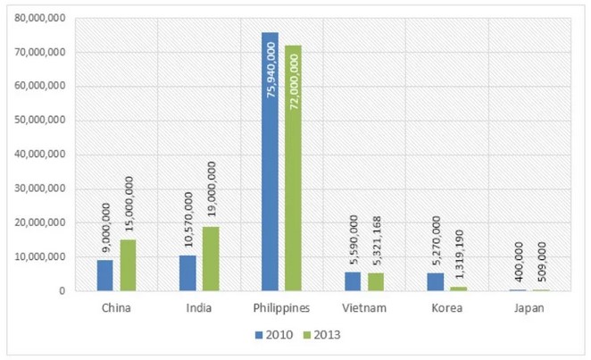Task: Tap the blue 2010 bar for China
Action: (x=105, y=275)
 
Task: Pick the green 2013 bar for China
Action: (x=128, y=265)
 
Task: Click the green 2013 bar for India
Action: (x=210, y=258)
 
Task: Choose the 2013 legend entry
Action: (x=321, y=335)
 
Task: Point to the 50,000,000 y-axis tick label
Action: (x=37, y=121)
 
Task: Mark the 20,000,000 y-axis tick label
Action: (x=37, y=223)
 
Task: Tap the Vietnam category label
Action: (x=363, y=308)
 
